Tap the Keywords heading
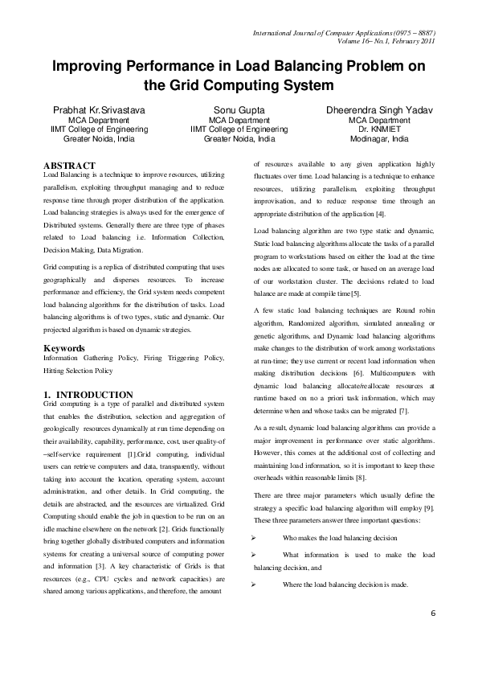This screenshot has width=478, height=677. (x=64, y=348)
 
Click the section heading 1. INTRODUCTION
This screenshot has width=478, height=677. (x=88, y=394)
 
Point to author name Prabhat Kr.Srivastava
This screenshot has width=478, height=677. (x=100, y=109)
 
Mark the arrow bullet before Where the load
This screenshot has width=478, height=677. (x=254, y=585)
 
